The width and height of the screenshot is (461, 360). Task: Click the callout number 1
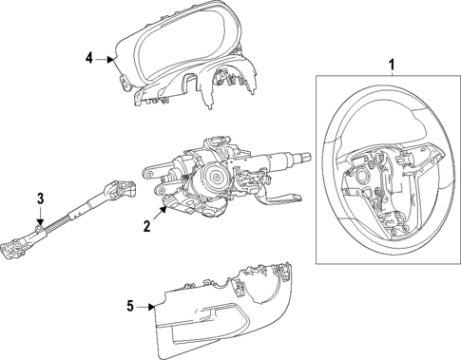point(391,64)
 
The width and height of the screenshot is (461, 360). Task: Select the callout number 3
point(41,198)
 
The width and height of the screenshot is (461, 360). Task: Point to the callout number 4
point(88,58)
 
